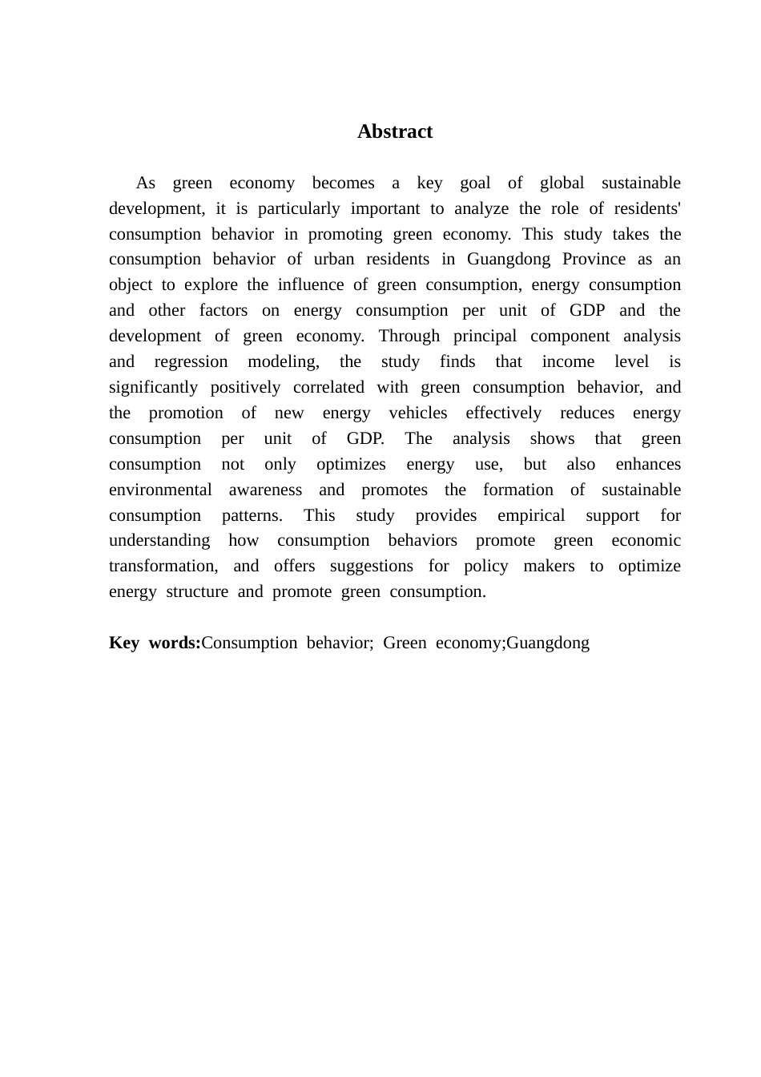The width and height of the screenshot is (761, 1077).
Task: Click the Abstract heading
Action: [x=394, y=131]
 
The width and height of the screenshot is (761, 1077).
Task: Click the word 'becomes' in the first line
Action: [x=343, y=183]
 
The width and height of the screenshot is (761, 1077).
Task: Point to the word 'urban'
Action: [x=334, y=259]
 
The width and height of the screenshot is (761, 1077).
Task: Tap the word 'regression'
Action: [x=191, y=361]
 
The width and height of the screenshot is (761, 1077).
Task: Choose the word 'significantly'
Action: [x=153, y=387]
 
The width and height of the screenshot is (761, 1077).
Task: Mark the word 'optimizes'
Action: [x=351, y=464]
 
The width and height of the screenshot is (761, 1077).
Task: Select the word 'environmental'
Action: [x=160, y=490]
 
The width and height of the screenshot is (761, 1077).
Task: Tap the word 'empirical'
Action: [x=531, y=515]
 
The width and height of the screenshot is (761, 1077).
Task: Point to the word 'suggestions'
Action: [x=372, y=566]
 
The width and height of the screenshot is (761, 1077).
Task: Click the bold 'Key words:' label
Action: [x=155, y=643]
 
